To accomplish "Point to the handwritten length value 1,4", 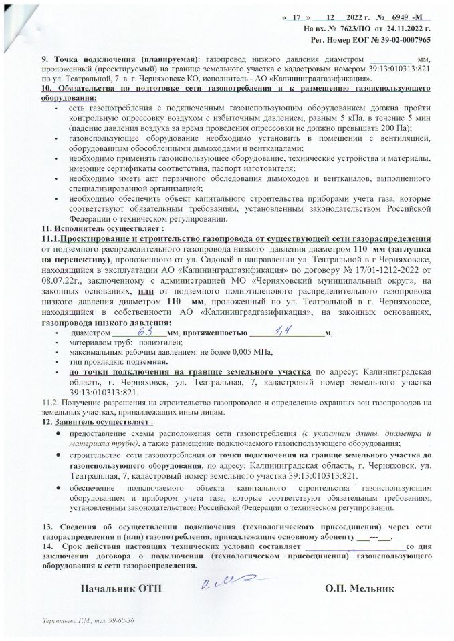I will tap(279, 331).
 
